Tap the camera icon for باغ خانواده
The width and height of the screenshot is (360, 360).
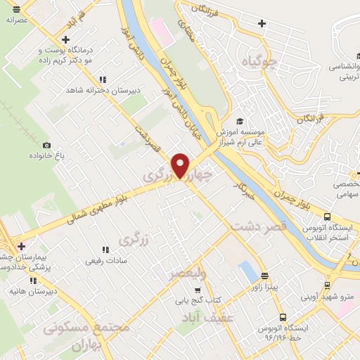click(46, 145)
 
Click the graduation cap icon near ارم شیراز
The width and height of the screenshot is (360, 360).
click(239, 121)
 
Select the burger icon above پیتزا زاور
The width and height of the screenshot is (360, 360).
click(264, 276)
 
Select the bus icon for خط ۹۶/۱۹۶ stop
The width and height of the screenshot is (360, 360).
click(283, 317)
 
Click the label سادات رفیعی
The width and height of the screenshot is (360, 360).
click(106, 261)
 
